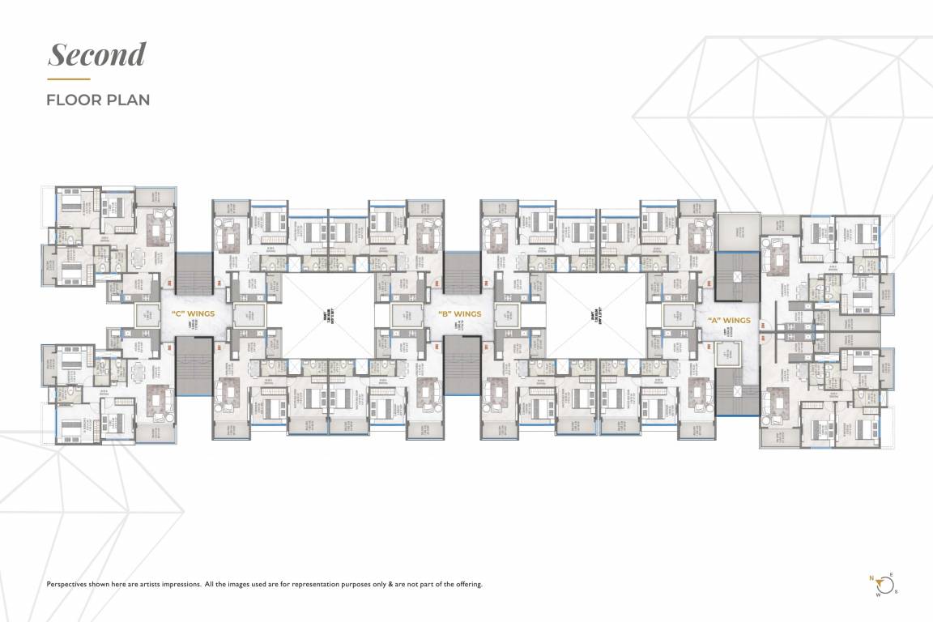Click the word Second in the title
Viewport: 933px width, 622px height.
click(97, 54)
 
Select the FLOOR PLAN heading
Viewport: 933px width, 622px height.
click(98, 100)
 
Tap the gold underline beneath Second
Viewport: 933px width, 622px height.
click(68, 79)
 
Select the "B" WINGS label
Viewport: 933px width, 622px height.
click(460, 314)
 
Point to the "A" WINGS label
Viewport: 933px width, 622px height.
click(729, 320)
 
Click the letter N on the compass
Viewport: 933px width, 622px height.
click(872, 578)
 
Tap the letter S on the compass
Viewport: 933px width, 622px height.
click(897, 591)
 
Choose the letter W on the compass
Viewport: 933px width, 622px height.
click(877, 594)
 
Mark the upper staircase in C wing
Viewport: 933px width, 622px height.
click(193, 273)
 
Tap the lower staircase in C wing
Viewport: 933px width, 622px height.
click(193, 366)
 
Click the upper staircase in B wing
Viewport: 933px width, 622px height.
click(462, 273)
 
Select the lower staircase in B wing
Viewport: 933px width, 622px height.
click(462, 366)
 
